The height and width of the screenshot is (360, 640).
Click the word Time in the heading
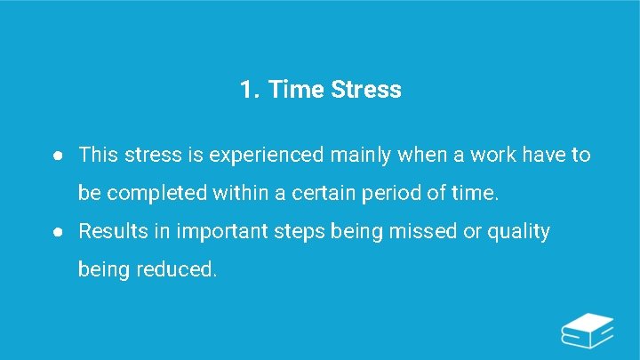point(295,90)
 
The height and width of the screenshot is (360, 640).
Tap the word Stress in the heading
point(366,90)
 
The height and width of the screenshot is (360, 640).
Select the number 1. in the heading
point(249,90)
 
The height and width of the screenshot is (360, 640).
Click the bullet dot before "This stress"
point(56,156)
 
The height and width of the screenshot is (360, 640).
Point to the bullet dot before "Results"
point(56,232)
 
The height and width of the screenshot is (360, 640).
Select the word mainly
point(360,156)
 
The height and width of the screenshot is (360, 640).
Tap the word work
point(492,156)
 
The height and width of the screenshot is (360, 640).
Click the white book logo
point(588,330)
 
